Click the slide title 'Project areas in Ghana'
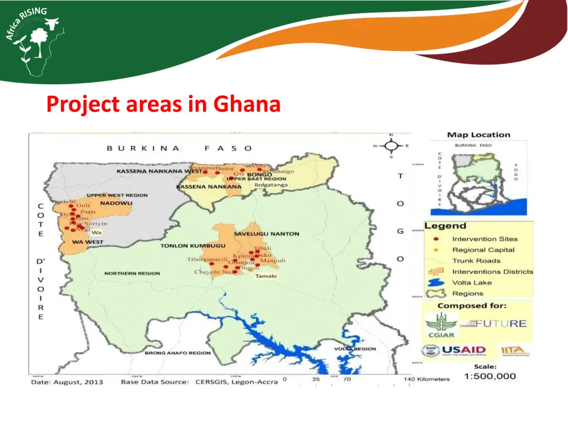point(164,104)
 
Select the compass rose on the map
point(391,146)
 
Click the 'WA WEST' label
point(88,242)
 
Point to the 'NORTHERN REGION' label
point(132,273)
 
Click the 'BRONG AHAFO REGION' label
point(177,353)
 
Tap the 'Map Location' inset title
point(478,135)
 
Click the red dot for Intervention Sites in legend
point(437,239)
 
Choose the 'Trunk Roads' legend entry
point(476,261)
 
